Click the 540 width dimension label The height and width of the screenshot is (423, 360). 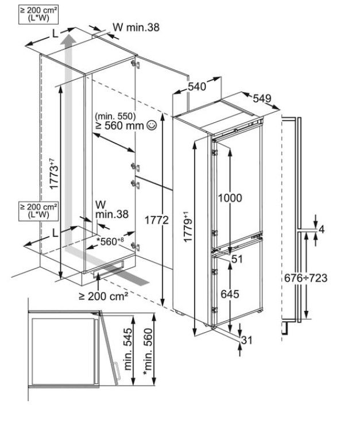tap(197, 87)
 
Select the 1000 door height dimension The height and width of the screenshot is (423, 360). tap(230, 198)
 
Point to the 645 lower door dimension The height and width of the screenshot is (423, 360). tap(230, 294)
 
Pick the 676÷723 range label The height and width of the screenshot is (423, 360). tap(306, 278)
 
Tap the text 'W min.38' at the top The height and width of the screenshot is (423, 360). tap(136, 26)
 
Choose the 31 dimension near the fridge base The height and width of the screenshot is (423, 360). tap(247, 340)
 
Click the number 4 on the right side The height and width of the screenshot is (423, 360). tap(322, 230)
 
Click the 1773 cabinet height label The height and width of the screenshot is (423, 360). tap(53, 174)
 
